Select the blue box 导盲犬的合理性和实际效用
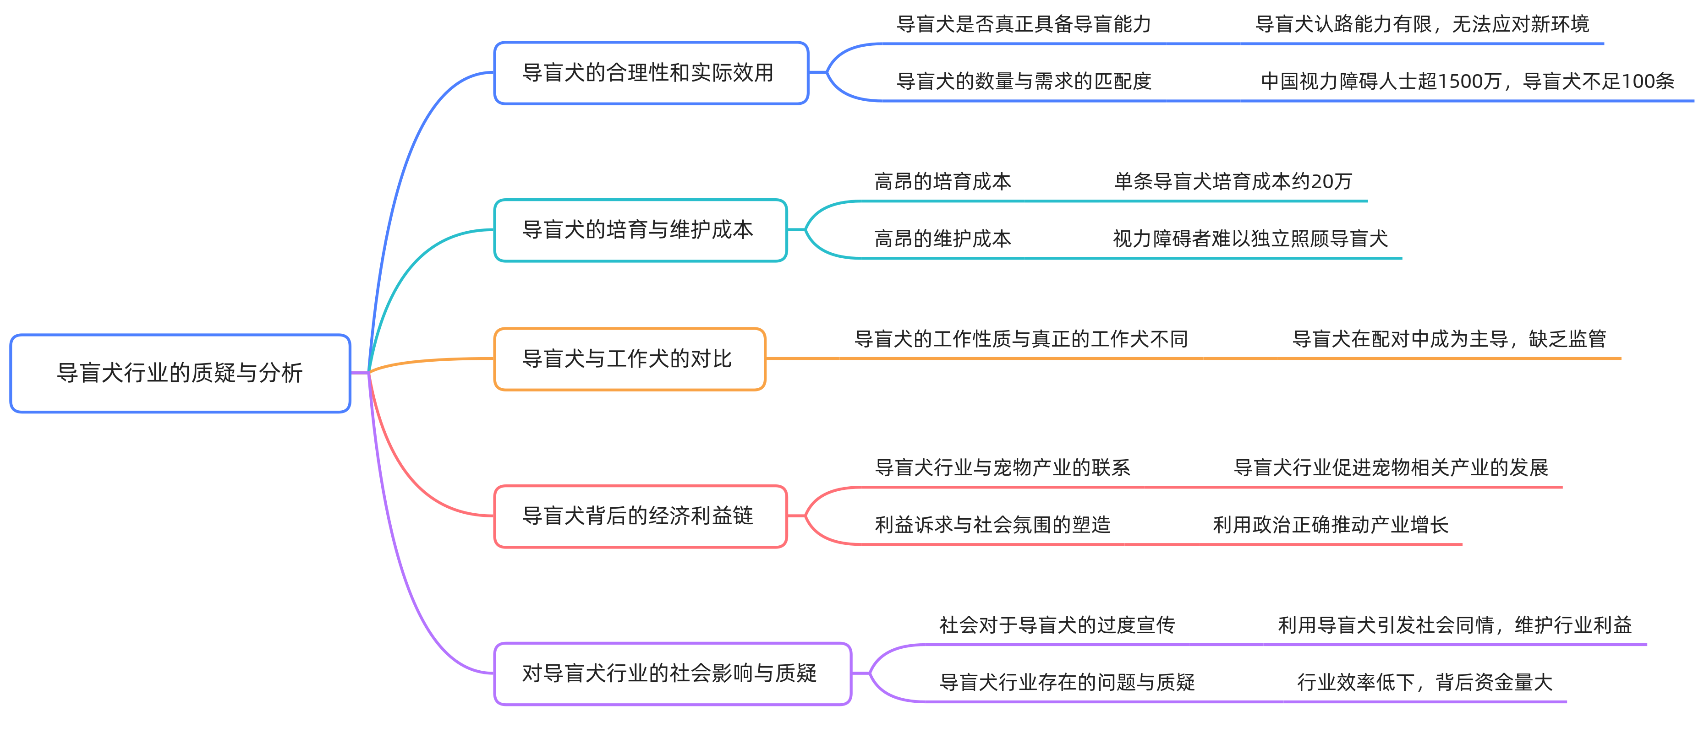coord(651,73)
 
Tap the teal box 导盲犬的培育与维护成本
coord(641,230)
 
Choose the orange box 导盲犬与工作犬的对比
coord(629,359)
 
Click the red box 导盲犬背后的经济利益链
coord(641,516)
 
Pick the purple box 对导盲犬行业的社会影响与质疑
coord(672,673)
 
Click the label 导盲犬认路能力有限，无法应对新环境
coord(1422,24)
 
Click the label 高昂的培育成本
coord(942,182)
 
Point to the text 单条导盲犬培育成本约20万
coord(1233,182)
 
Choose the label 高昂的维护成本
coord(942,239)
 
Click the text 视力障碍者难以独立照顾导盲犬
coord(1250,239)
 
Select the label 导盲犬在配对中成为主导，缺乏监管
coord(1449,339)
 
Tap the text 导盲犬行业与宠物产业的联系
coord(1002,468)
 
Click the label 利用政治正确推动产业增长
coord(1330,525)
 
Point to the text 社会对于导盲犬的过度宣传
coord(1057,625)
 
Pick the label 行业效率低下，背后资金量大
coord(1424,682)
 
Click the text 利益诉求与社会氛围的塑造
coord(992,525)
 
